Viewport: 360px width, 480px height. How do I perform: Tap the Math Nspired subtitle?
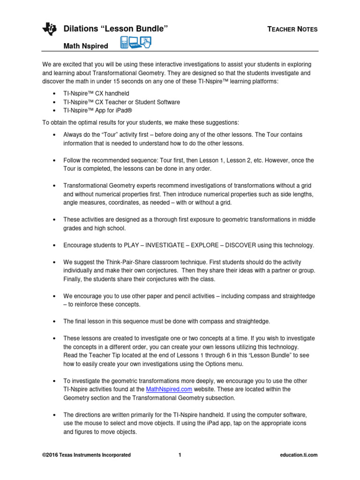pyautogui.click(x=86, y=45)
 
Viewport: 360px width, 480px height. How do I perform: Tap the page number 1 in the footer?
pyautogui.click(x=180, y=455)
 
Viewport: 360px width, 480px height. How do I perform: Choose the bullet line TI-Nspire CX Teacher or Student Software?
pyautogui.click(x=121, y=102)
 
